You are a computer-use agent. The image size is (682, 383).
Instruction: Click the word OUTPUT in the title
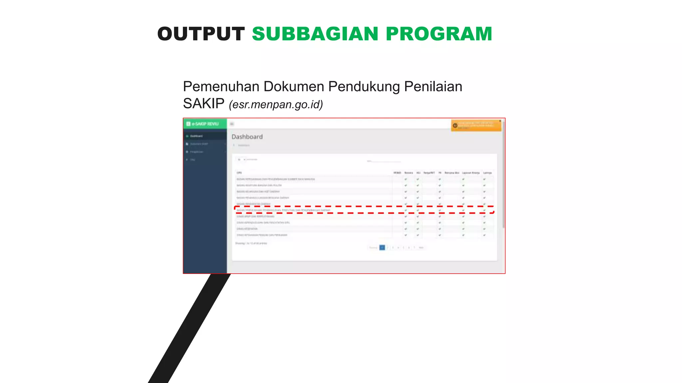pos(201,34)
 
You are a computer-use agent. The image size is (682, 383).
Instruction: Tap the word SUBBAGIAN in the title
pos(315,34)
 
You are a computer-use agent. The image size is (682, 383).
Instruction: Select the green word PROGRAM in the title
pos(439,34)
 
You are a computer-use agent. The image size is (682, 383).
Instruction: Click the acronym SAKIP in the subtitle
pos(203,104)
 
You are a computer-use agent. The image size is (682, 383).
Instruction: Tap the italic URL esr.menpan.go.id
pos(276,104)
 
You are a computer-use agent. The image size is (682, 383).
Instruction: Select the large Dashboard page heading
pos(247,137)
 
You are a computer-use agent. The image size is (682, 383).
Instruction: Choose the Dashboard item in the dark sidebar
pos(196,136)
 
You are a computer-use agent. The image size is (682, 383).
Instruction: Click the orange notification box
pos(476,125)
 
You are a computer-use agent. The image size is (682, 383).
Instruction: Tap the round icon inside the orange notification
pos(455,125)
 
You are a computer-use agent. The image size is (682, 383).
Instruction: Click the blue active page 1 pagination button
pos(382,247)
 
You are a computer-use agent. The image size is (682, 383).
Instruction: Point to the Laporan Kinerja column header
pos(471,173)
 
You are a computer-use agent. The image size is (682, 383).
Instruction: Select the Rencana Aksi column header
pos(452,173)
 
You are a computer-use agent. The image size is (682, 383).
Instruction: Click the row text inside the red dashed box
pos(283,210)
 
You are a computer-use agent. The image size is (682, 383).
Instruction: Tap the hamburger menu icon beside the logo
pos(232,124)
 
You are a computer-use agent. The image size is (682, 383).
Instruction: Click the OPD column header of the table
pos(239,173)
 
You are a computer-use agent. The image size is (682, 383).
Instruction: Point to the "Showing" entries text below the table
pos(251,243)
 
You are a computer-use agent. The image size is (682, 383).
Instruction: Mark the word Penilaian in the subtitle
pos(433,86)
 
